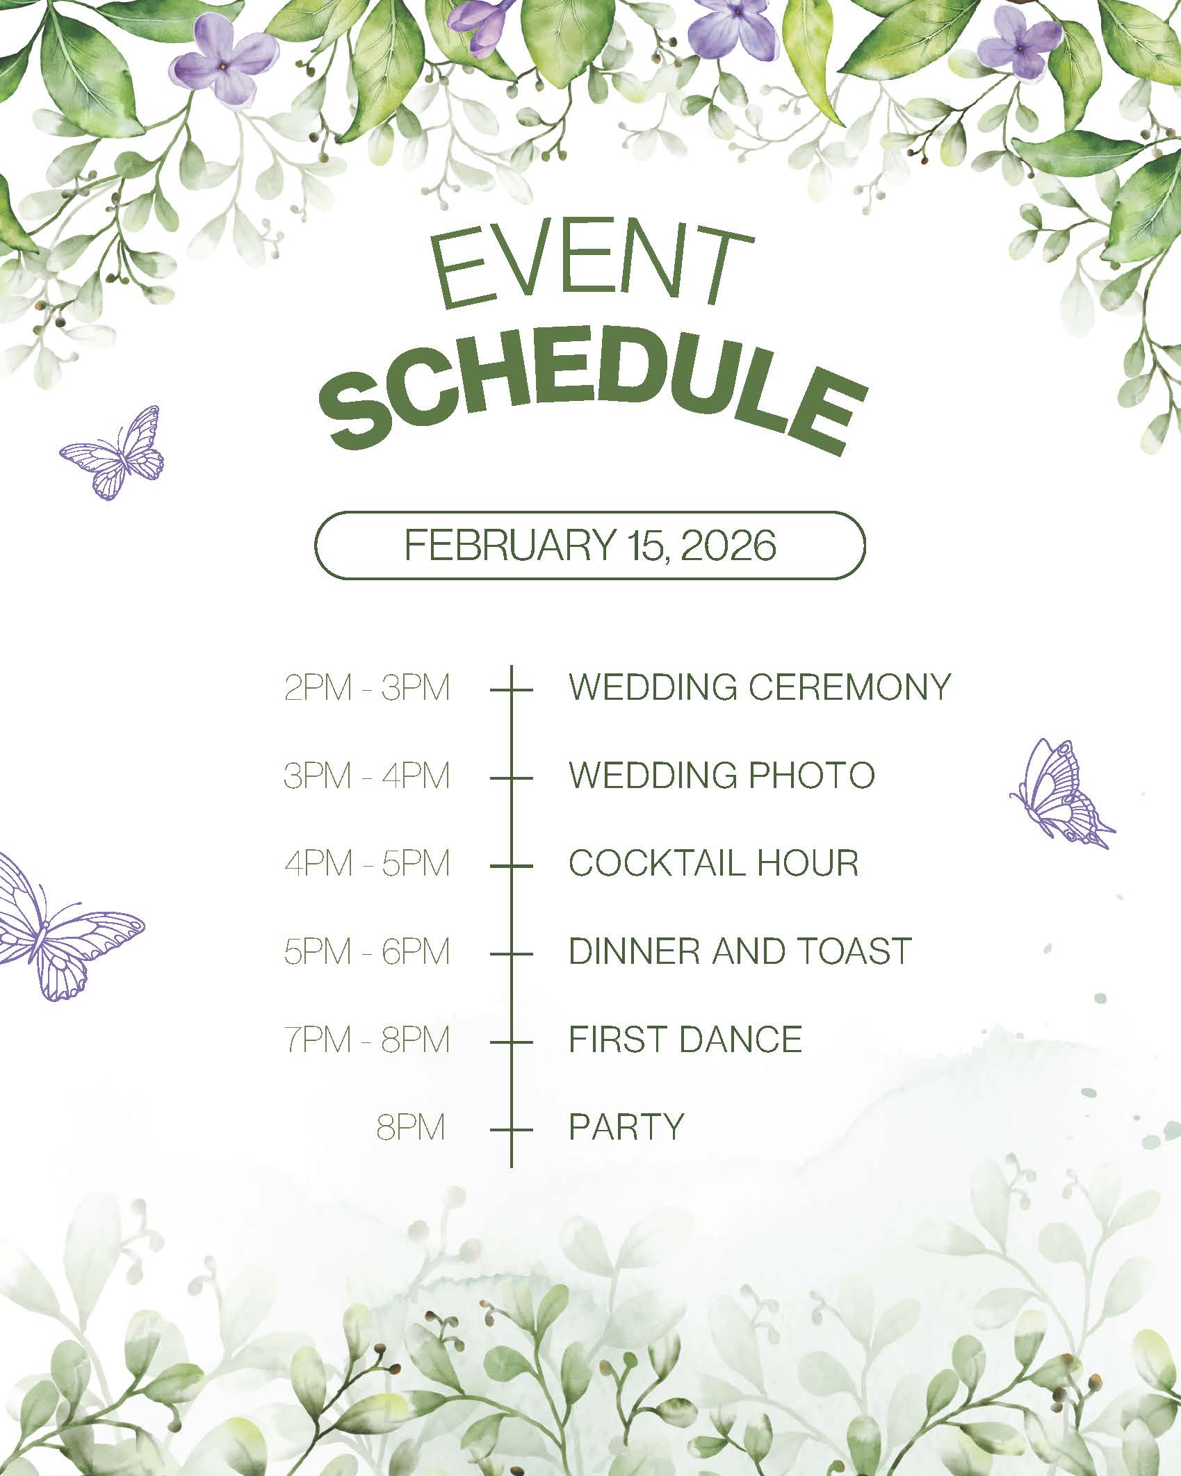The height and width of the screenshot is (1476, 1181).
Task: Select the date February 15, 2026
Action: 590,546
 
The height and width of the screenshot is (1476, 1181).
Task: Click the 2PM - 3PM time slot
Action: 367,688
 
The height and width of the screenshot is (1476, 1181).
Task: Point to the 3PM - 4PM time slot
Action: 367,776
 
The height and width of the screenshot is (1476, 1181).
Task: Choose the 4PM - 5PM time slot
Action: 367,864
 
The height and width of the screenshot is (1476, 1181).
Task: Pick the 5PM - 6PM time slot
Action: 367,951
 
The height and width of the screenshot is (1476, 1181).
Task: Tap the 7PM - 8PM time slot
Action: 367,1040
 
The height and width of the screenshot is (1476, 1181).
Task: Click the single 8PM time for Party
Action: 410,1127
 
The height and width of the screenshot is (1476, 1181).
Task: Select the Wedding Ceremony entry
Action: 760,687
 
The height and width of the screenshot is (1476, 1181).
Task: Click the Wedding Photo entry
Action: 722,775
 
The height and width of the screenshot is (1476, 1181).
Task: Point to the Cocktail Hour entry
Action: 714,863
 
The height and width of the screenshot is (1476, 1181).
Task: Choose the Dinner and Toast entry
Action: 740,951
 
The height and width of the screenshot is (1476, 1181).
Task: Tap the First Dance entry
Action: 685,1039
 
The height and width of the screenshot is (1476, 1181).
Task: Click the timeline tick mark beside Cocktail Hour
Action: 511,866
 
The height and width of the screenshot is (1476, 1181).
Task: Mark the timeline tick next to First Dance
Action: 511,1042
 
